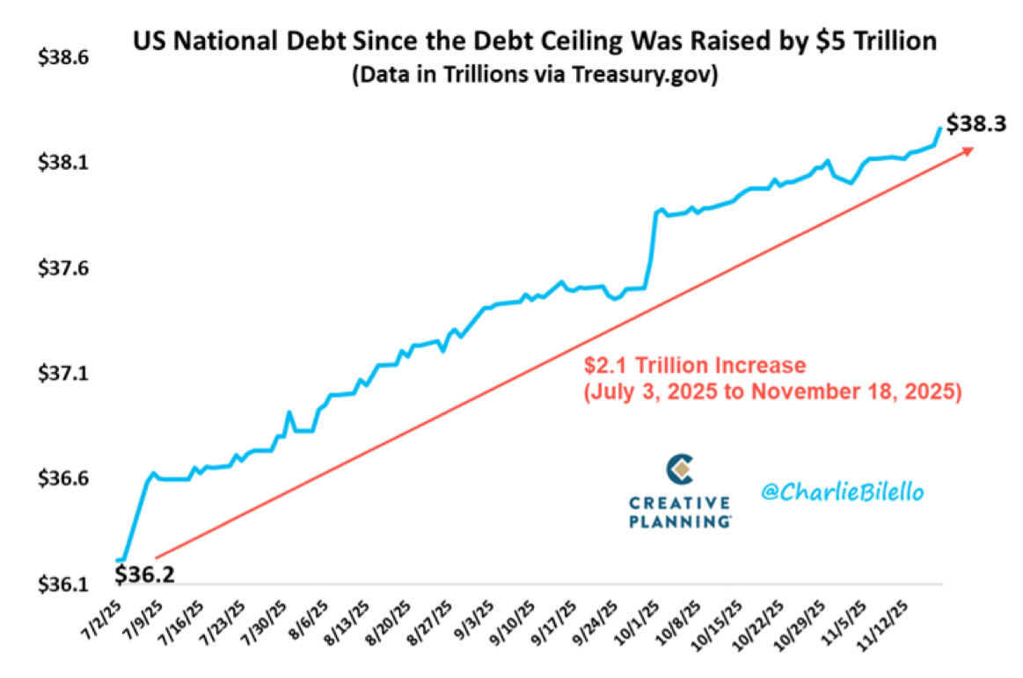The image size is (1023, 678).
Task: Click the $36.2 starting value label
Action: point(144,575)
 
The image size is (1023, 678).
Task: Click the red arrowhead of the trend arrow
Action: point(968,151)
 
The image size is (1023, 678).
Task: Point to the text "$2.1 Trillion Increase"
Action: point(696,364)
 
